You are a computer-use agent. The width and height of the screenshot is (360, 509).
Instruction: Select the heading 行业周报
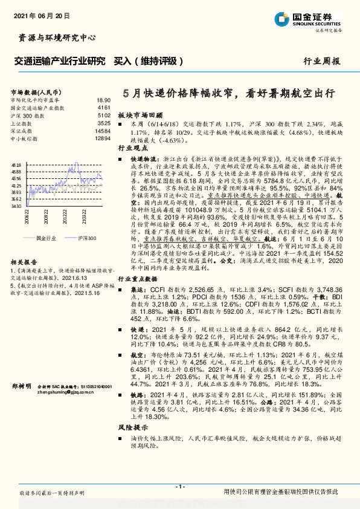(322, 61)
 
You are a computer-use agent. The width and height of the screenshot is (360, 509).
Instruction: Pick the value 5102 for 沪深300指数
(103, 115)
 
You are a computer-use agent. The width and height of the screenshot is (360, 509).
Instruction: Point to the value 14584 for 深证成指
(102, 131)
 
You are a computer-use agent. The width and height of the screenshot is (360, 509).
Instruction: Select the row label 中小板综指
(24, 138)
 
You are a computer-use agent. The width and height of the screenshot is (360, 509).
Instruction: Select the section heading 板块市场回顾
(140, 114)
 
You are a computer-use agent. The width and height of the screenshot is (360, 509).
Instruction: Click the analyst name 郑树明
(21, 385)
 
